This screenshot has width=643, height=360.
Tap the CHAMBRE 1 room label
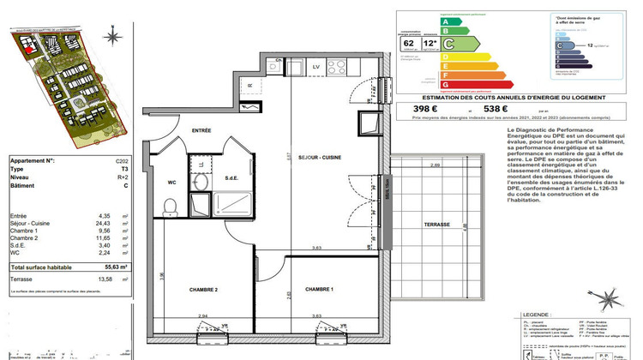(318, 290)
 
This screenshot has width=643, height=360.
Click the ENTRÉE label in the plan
(201, 130)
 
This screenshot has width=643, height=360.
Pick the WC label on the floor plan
(171, 183)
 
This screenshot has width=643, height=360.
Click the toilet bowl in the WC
(170, 207)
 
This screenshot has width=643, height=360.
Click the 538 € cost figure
(473, 108)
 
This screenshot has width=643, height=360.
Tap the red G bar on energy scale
(445, 85)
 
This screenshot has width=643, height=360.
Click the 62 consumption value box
(409, 42)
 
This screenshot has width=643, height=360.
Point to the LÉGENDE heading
(529, 317)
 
